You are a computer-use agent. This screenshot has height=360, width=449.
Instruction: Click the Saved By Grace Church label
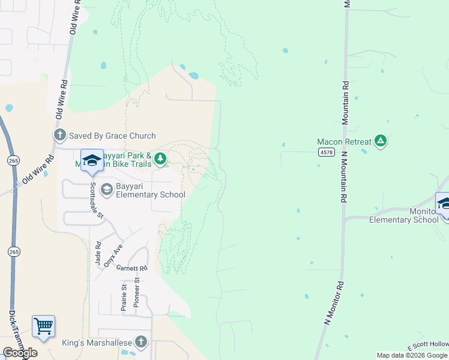tap(112, 136)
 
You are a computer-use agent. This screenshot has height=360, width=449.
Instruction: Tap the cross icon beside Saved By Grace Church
tap(59, 136)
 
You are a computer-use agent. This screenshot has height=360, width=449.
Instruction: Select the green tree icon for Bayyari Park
tap(160, 158)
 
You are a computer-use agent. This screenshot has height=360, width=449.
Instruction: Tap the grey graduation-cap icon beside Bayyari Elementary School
tap(106, 190)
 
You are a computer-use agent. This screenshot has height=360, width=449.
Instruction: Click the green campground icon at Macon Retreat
tap(380, 142)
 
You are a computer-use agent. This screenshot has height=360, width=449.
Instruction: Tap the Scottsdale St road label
tap(94, 200)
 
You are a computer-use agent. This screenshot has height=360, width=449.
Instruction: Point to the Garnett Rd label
tap(131, 268)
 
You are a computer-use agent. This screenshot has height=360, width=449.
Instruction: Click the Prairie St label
tap(124, 296)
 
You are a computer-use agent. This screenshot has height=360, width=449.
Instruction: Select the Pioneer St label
tap(137, 292)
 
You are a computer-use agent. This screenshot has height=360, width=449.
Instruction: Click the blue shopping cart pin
tap(43, 327)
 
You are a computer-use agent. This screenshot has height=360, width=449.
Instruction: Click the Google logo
tap(20, 353)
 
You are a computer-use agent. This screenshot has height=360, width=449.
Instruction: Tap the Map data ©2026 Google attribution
tap(412, 355)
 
